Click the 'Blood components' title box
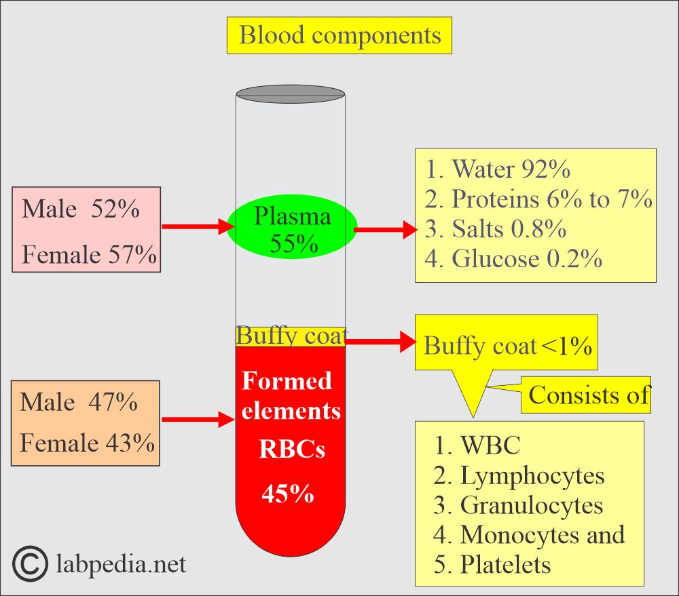[x=339, y=35]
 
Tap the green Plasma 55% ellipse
[x=292, y=227]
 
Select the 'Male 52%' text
[x=81, y=209]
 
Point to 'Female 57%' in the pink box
[x=89, y=254]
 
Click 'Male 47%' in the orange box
[x=79, y=402]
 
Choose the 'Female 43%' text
[x=88, y=443]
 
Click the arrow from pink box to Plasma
[x=198, y=226]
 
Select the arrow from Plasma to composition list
[x=386, y=229]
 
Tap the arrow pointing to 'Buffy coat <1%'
[x=381, y=342]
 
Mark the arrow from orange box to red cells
[x=198, y=419]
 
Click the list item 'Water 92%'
[x=498, y=169]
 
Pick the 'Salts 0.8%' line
[x=496, y=229]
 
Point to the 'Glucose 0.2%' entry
[x=513, y=258]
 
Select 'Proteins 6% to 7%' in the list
[x=538, y=199]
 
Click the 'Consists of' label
[x=589, y=395]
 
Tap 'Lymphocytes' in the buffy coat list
[x=519, y=475]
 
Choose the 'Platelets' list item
[x=492, y=564]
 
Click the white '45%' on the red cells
[x=288, y=493]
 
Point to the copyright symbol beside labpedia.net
[x=30, y=564]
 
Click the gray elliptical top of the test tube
[x=291, y=94]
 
